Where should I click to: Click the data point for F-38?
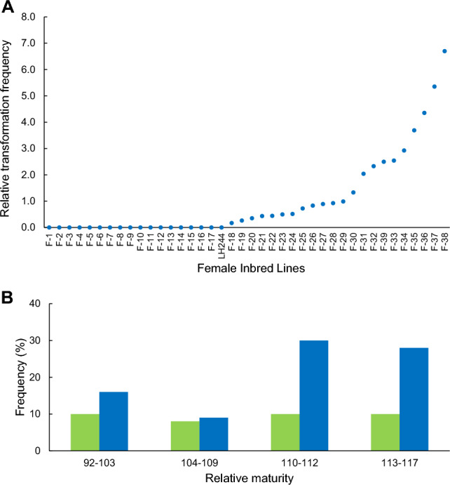tap(444, 51)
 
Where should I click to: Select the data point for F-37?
tap(434, 86)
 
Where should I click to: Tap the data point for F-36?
tap(424, 113)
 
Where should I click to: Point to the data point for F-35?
tap(414, 131)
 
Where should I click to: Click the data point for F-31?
tap(363, 173)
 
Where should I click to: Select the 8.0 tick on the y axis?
tap(28, 17)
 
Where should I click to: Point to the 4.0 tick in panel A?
tap(28, 122)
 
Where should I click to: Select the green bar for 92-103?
tap(85, 432)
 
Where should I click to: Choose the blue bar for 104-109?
tap(213, 433)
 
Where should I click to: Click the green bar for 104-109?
tap(185, 435)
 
